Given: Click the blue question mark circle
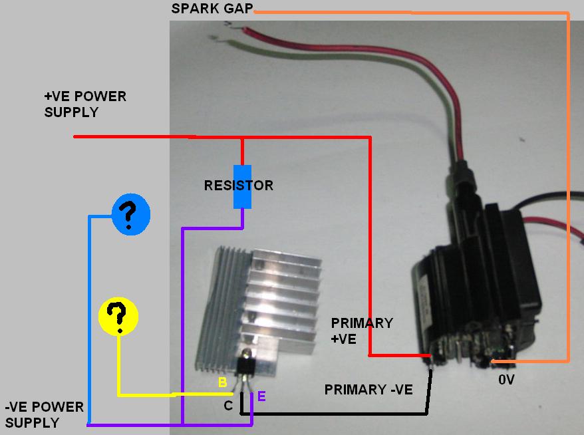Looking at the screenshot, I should tap(130, 215).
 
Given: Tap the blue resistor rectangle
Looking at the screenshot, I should tap(242, 186).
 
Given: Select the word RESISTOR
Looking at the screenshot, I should tap(238, 186).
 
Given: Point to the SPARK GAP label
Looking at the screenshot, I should tap(212, 9).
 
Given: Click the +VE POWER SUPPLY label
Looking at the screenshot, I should tap(84, 104).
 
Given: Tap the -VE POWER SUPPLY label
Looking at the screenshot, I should tap(44, 414).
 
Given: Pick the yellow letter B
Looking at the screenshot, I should tap(223, 382).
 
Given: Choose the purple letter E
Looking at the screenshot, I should tap(261, 397).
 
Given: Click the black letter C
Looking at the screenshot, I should tap(227, 405).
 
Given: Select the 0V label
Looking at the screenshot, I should tap(506, 380).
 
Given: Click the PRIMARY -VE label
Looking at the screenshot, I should tap(368, 390).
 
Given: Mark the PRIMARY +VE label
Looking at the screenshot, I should tap(362, 331).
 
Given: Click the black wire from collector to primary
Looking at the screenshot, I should tap(339, 414).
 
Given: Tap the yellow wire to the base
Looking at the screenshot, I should tap(146, 394).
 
